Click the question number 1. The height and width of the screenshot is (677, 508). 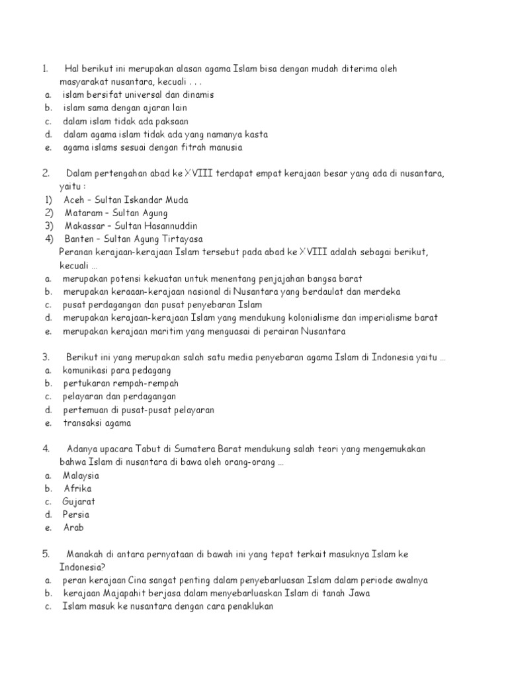tap(45, 69)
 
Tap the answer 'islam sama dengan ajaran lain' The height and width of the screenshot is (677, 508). tap(125, 108)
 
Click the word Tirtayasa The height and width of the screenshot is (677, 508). tap(180, 239)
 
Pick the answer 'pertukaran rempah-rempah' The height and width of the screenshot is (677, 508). tap(121, 383)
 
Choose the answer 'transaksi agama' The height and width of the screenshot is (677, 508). tap(97, 423)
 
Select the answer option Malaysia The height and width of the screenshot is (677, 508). tap(81, 475)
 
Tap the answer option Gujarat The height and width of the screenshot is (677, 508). tap(80, 502)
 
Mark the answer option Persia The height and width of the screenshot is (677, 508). tap(76, 514)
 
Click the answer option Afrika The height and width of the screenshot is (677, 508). tap(78, 489)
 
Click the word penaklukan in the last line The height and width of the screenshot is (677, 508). tap(247, 606)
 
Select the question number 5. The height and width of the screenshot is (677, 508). tap(46, 554)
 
